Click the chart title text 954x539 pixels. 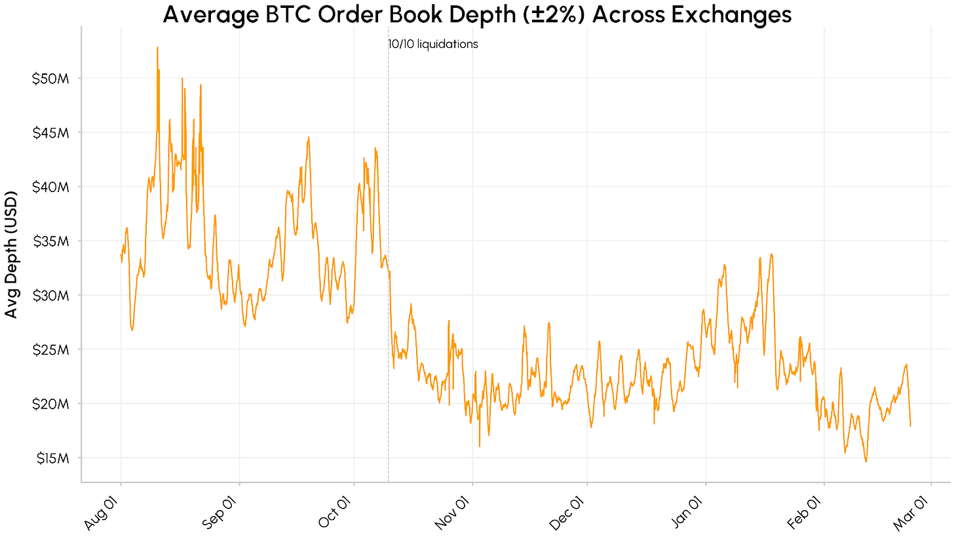(477, 14)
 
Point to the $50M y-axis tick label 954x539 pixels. (51, 78)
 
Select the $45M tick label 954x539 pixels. (51, 132)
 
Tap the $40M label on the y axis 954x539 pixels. (51, 187)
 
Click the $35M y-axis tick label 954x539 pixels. (51, 241)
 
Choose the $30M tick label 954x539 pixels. (51, 295)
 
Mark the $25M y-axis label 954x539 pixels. (51, 349)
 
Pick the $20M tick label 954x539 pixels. (51, 403)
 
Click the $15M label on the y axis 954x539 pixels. (51, 458)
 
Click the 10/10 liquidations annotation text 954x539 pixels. (433, 45)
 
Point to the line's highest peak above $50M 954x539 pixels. (158, 48)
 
